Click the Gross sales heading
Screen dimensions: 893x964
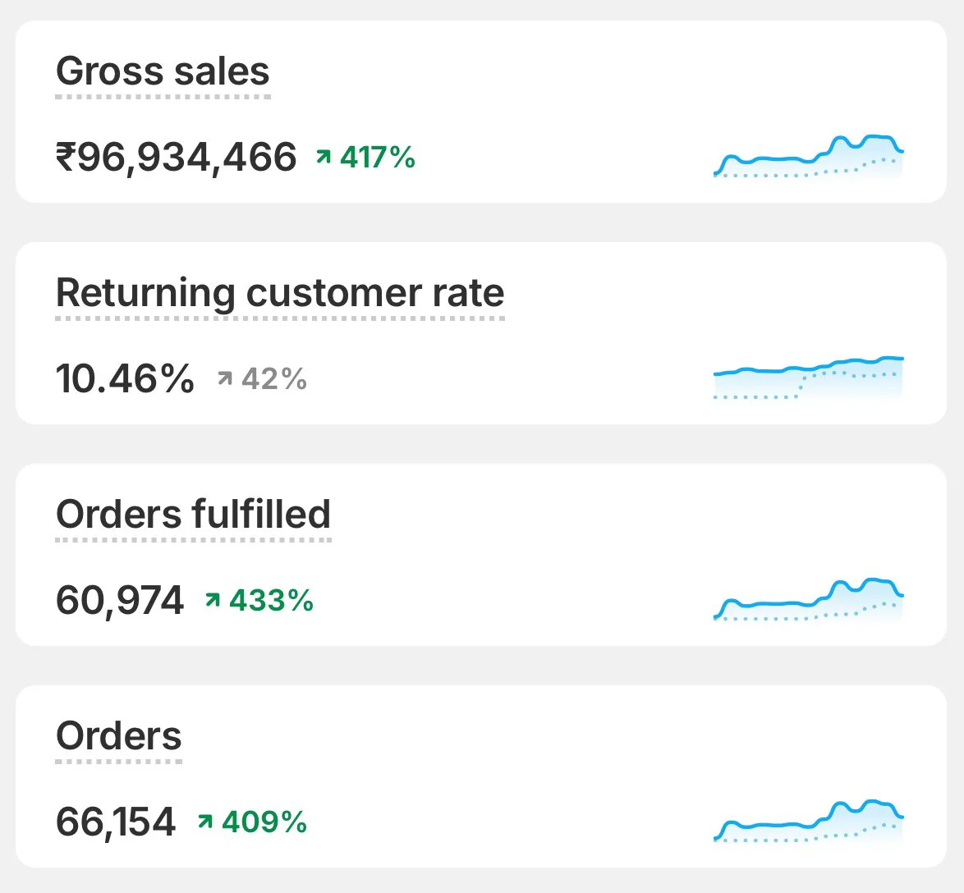tap(163, 71)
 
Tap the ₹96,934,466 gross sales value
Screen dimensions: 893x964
tap(176, 157)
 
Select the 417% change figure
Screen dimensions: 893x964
tap(378, 157)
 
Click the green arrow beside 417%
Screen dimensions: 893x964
tap(324, 156)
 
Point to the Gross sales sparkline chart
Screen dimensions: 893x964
tap(809, 157)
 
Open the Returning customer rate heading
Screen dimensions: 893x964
tap(280, 293)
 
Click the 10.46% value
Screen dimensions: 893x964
tap(125, 379)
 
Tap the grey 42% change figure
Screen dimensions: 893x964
tap(274, 379)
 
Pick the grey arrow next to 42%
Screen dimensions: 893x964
tap(225, 378)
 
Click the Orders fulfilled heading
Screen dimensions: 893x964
tap(193, 515)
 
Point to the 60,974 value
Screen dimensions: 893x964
tap(120, 601)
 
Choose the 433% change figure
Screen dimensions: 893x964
tap(271, 601)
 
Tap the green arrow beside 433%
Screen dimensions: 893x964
tap(213, 600)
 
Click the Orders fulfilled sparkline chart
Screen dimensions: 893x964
tap(809, 600)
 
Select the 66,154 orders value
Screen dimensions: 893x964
tap(116, 822)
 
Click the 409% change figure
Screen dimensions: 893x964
tap(264, 822)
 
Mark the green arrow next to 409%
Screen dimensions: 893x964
tap(205, 821)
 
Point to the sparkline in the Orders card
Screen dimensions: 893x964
tap(809, 821)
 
